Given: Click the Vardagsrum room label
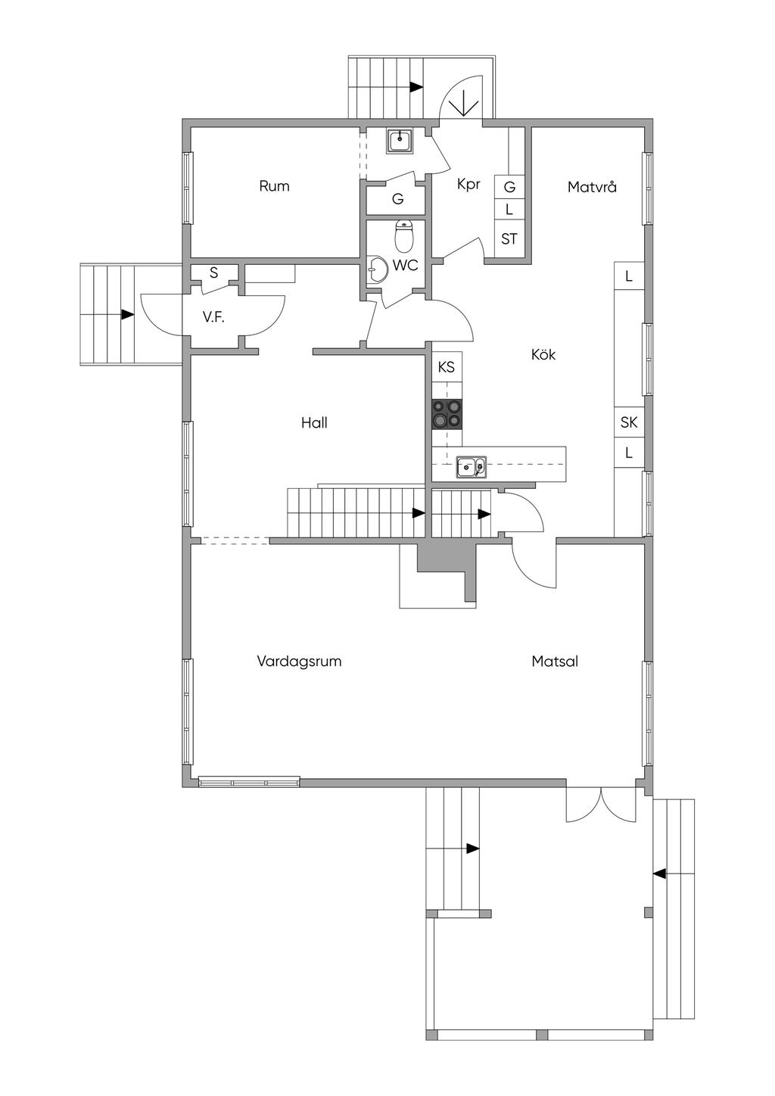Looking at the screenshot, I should point(299,661).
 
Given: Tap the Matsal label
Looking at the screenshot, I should point(554,661).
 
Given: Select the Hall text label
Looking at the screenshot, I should point(314,422).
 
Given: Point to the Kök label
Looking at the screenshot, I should point(543,354).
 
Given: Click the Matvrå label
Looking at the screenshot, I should point(592,186).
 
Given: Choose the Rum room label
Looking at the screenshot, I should point(274,186).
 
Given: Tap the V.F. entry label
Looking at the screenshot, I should point(213,317).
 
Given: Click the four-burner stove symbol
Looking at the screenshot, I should point(447,414).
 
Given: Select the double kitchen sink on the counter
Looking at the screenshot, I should point(472,468).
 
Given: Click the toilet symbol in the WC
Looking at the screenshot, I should point(404,237).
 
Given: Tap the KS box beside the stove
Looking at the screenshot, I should point(447,367).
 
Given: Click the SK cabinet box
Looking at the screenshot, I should point(629,422).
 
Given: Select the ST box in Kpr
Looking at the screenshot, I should point(509,239).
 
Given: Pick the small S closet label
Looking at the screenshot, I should point(213,272).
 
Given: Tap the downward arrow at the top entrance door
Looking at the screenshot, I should point(462,101).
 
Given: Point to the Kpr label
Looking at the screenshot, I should point(468,184).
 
